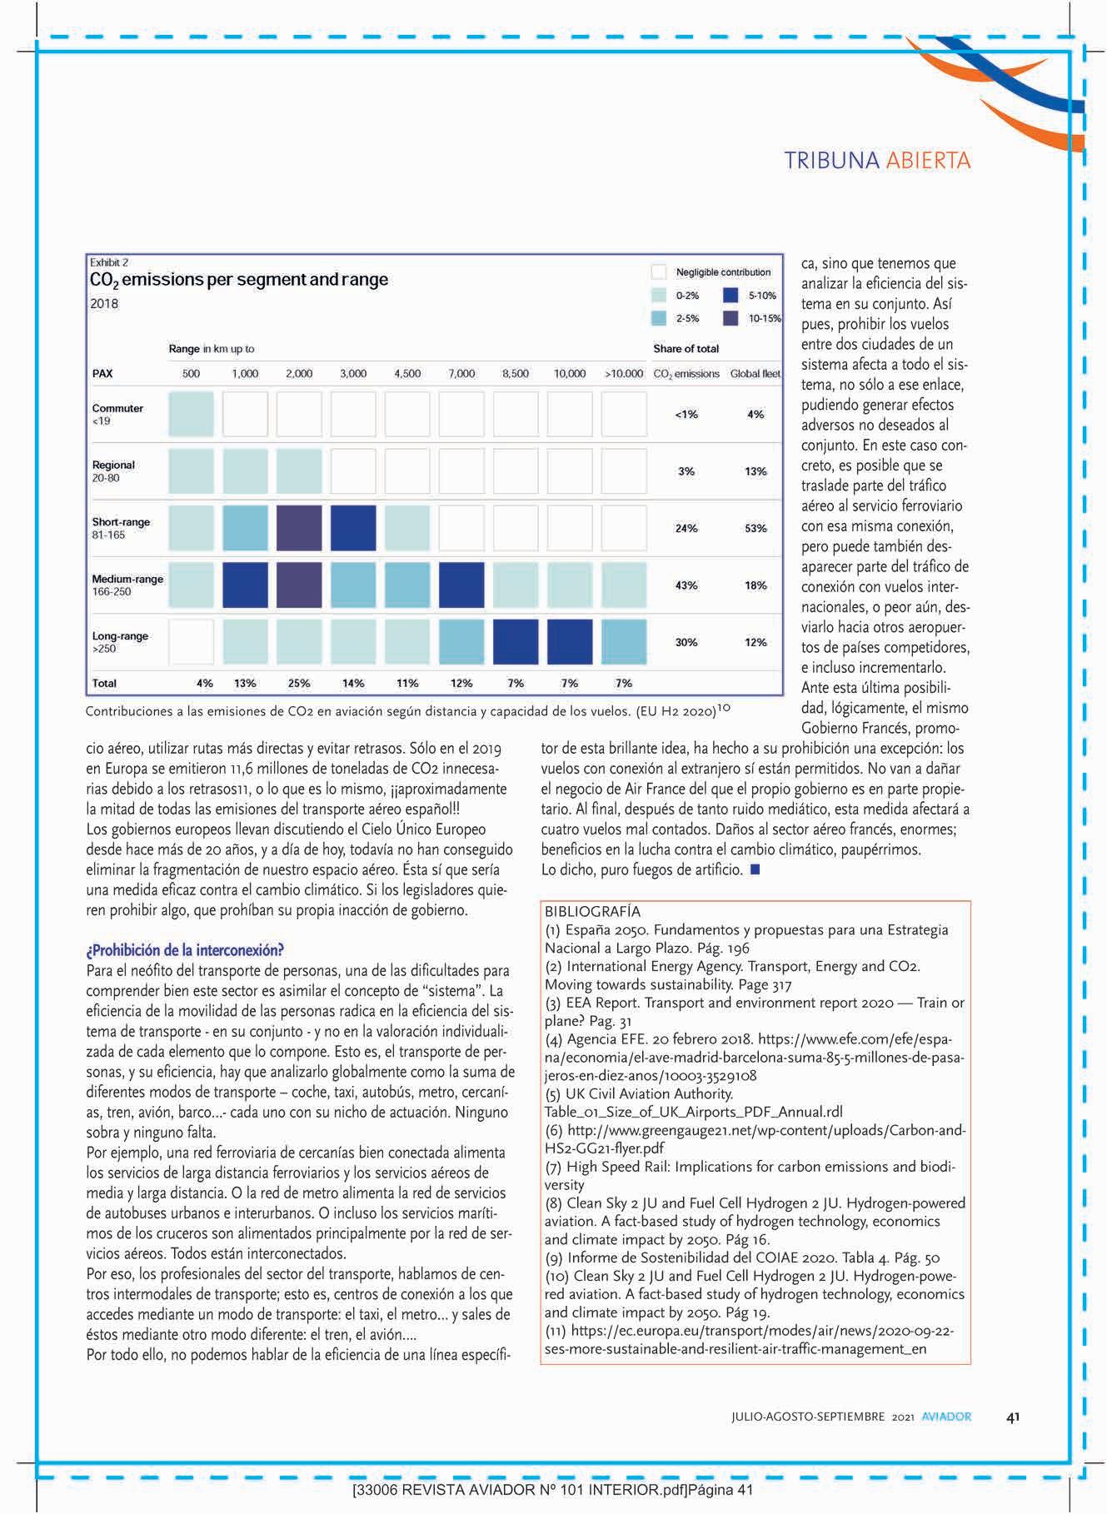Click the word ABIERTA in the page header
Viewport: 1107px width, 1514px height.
coord(928,160)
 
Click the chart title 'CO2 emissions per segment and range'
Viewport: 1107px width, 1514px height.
coord(238,280)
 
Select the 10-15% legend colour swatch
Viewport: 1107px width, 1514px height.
coord(731,317)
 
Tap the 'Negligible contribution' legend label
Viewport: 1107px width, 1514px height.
coord(723,272)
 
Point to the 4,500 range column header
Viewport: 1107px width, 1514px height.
coord(406,374)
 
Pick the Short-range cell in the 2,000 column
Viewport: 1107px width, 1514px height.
coord(299,528)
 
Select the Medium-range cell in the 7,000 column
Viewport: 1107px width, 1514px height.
coord(461,585)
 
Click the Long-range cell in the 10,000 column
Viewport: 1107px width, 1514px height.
coord(570,642)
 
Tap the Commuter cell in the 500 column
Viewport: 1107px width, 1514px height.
coord(191,414)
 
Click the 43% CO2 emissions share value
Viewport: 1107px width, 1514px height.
coord(686,585)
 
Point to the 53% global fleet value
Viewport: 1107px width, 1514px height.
coord(755,529)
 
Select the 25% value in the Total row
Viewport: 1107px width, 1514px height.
coord(299,684)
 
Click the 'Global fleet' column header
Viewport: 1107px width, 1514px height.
coord(755,374)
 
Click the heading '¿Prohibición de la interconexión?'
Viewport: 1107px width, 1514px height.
coord(186,950)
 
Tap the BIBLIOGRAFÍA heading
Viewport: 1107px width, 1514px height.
coord(592,912)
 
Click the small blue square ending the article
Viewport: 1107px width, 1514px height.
coord(755,869)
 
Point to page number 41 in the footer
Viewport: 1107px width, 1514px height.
coord(1013,1417)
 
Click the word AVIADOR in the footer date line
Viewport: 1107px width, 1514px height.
coord(946,1417)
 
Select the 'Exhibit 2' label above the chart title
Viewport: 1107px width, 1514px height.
coord(109,262)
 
